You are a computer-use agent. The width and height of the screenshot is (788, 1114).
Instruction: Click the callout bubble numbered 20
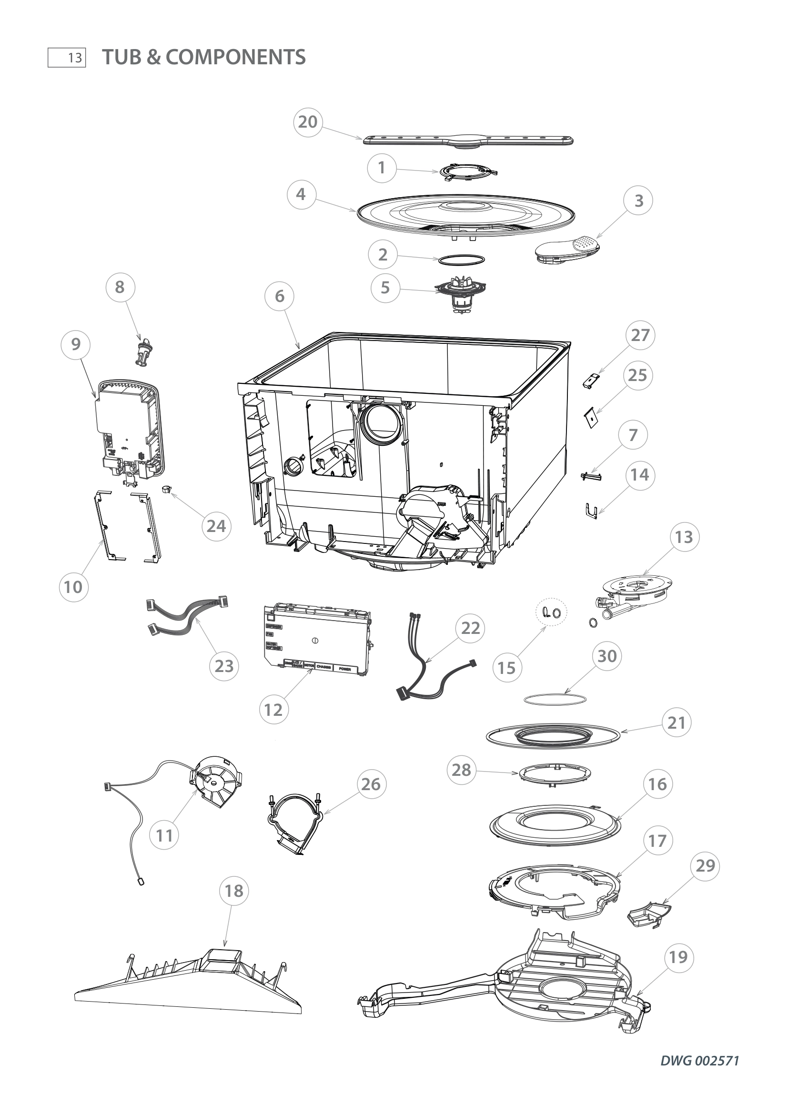(308, 122)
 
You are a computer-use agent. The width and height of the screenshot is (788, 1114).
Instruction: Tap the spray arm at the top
(468, 141)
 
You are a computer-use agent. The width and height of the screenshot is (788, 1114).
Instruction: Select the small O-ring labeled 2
(461, 260)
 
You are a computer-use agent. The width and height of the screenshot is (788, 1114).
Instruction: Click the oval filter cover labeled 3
(567, 250)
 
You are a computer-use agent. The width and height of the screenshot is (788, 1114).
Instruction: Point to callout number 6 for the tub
(280, 296)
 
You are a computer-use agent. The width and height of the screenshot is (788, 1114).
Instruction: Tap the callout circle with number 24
(216, 526)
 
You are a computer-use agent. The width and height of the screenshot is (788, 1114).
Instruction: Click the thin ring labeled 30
(555, 699)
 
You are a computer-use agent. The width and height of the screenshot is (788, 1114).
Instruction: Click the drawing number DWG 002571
(699, 1061)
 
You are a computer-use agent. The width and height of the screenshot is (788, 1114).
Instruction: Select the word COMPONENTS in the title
(236, 57)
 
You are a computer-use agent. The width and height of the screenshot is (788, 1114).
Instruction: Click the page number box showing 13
(67, 58)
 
